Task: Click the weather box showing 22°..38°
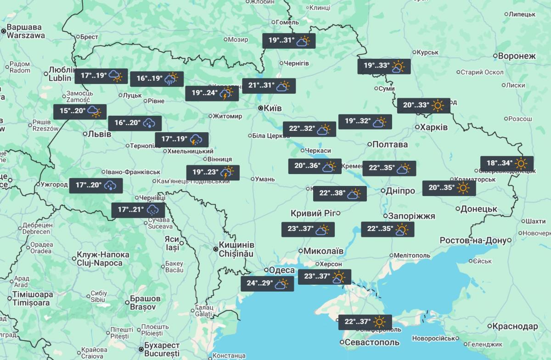click(x=340, y=194)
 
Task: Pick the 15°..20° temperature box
click(x=80, y=111)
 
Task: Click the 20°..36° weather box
click(x=315, y=166)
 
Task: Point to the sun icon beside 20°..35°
click(x=463, y=188)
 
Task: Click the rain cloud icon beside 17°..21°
click(x=152, y=211)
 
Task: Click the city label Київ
click(x=272, y=108)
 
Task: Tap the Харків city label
click(x=434, y=127)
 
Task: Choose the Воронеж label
click(x=517, y=56)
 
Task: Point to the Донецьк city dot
click(x=458, y=209)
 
